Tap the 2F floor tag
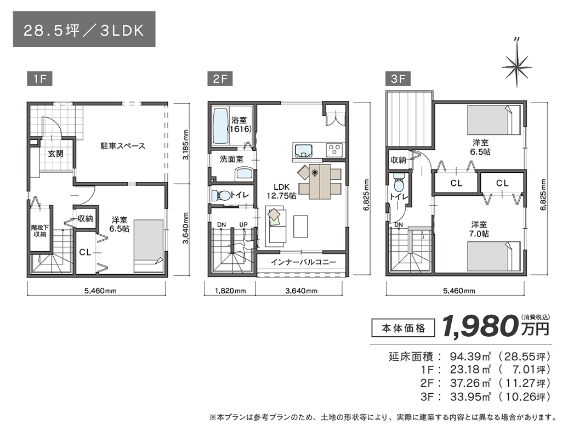click(x=220, y=79)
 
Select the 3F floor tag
click(x=398, y=79)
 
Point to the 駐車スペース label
click(x=122, y=146)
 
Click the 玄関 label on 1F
click(x=55, y=154)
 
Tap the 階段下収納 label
click(x=38, y=230)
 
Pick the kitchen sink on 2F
click(x=303, y=149)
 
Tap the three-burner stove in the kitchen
click(x=334, y=149)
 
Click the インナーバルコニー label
click(x=303, y=262)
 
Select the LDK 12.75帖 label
click(x=281, y=191)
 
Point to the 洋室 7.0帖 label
click(x=479, y=229)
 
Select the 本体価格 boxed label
click(x=403, y=329)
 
